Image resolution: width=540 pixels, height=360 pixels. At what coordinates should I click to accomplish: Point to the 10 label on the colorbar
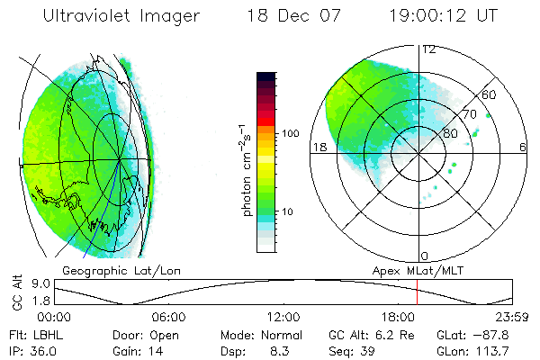(x=290, y=211)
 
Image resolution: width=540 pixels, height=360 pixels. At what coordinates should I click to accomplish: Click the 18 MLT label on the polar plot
(x=318, y=147)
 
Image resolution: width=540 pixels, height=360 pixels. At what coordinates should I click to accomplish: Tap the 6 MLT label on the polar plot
(x=523, y=147)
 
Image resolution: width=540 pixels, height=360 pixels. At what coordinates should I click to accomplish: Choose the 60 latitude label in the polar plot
(x=490, y=94)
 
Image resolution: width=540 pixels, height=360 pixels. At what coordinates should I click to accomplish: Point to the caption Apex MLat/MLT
(x=409, y=270)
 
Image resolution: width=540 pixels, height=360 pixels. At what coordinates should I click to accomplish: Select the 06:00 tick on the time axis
(x=168, y=317)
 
